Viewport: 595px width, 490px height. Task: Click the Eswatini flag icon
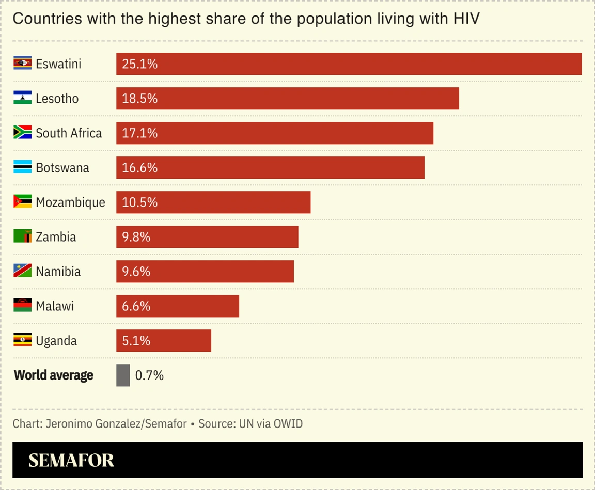[23, 64]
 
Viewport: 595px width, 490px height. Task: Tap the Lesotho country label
[57, 98]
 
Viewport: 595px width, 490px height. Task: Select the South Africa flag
[23, 133]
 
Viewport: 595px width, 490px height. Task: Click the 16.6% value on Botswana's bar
[139, 168]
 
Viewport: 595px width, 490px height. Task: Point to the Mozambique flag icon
[23, 202]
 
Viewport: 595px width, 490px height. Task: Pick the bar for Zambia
[207, 237]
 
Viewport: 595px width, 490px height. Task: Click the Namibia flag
[23, 271]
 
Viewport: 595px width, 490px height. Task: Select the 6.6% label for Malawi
[136, 306]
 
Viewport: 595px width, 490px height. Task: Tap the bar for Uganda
[163, 341]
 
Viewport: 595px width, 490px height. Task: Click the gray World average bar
[123, 375]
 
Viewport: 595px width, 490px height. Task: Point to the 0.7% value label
[149, 375]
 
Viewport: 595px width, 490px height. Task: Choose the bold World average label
[54, 375]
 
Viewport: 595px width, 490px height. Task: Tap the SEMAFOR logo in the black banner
[71, 460]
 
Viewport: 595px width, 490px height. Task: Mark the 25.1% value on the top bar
[139, 64]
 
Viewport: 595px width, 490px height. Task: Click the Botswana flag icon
[23, 167]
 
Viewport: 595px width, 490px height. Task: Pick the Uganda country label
[56, 341]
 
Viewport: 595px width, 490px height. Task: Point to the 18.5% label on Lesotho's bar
[139, 98]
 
